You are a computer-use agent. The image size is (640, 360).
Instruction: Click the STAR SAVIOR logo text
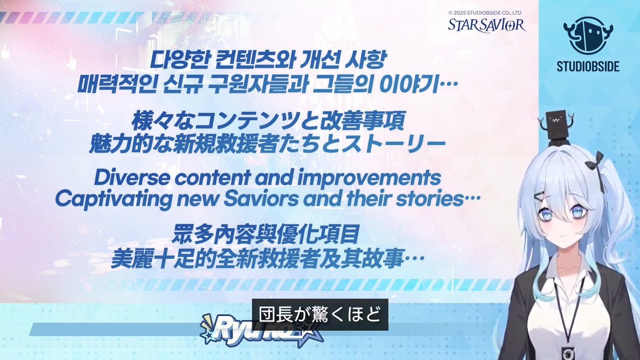pos(486,24)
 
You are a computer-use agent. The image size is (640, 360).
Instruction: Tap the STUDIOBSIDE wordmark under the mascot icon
pos(586,67)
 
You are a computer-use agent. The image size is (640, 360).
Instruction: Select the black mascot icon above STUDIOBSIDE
pos(586,36)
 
